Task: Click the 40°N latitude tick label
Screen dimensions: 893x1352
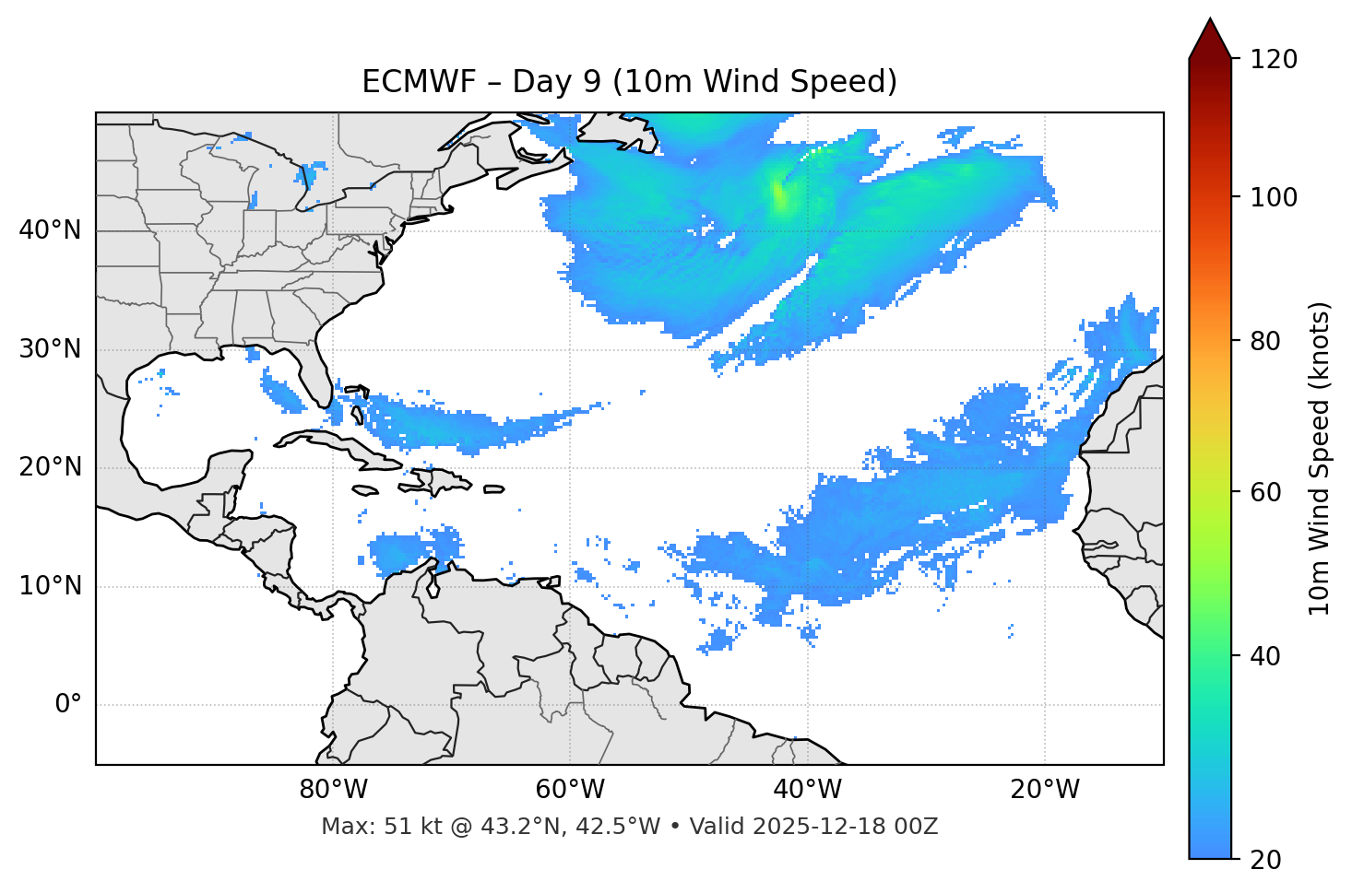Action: pos(50,230)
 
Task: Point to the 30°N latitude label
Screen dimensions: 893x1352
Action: pos(50,349)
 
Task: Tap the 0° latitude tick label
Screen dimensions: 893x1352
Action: pos(68,705)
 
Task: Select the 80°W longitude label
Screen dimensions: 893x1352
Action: pos(333,790)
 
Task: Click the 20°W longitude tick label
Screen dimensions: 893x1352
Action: pos(1045,790)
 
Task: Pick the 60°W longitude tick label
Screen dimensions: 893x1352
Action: pos(570,790)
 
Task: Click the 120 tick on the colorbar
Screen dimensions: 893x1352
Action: pos(1274,60)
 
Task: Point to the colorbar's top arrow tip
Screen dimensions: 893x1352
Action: pos(1210,19)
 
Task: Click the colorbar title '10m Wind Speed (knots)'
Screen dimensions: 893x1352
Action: pos(1320,459)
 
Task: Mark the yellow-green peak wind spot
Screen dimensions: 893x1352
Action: pos(782,196)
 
